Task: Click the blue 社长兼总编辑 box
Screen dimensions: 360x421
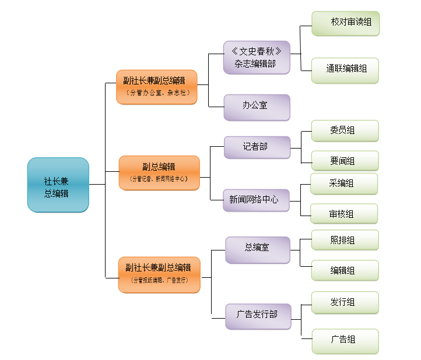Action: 58,185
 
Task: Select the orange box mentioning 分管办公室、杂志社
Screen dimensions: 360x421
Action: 156,87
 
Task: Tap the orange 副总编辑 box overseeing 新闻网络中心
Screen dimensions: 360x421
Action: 159,172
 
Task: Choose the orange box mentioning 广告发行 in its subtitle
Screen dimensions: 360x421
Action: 159,274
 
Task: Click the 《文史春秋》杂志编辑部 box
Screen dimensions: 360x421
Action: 257,57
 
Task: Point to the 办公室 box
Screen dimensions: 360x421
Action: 257,107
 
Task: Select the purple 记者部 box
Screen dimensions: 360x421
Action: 257,147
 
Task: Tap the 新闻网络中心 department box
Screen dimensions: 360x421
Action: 256,200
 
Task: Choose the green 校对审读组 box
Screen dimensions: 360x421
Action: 345,23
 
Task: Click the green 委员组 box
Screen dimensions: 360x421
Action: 345,131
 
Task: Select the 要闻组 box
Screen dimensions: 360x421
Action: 345,161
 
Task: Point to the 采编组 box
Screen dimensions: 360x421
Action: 344,183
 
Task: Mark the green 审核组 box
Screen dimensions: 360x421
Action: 344,214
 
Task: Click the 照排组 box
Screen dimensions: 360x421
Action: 345,240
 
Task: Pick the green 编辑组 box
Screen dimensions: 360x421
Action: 345,270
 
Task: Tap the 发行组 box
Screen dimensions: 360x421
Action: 345,302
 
